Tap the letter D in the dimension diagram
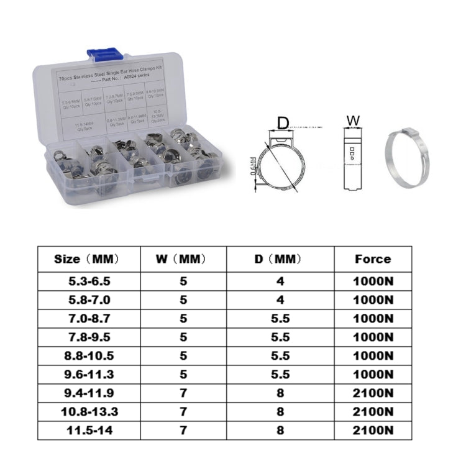click(x=283, y=122)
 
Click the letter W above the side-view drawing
click(x=353, y=119)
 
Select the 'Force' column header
click(x=373, y=258)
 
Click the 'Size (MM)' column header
click(x=86, y=258)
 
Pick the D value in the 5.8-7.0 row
click(x=280, y=299)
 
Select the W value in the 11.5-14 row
click(x=183, y=429)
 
